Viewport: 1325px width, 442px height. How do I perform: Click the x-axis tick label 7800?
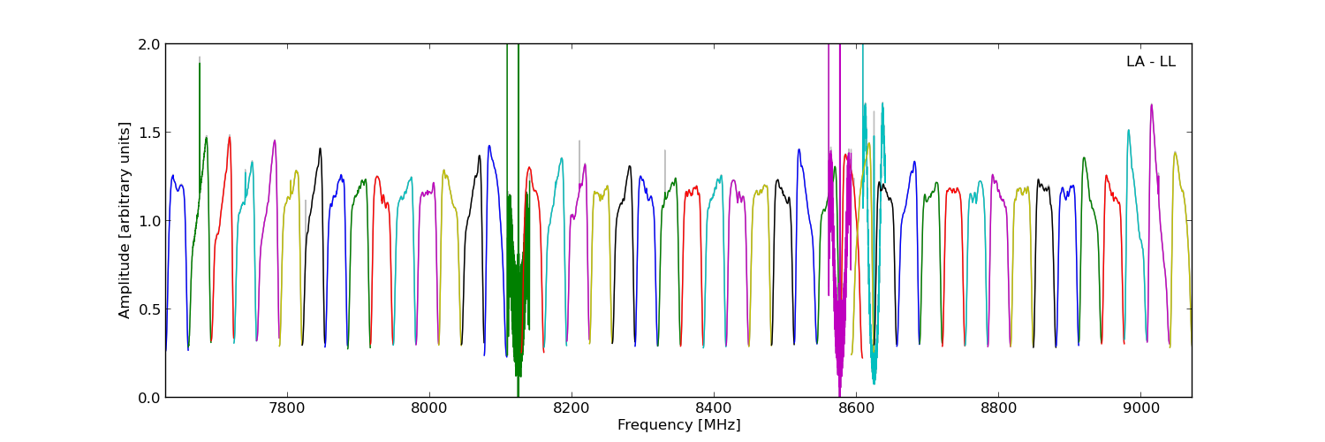click(x=286, y=409)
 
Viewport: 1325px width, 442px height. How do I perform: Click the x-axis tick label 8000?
click(x=429, y=409)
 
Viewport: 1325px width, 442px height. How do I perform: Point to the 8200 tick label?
click(x=572, y=409)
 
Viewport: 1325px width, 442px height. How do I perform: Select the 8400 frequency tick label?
click(x=714, y=409)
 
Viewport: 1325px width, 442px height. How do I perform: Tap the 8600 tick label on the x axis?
click(x=856, y=409)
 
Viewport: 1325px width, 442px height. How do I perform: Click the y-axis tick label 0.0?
click(x=150, y=398)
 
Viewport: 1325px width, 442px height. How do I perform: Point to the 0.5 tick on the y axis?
click(x=150, y=309)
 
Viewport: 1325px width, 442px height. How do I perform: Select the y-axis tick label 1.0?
click(x=150, y=221)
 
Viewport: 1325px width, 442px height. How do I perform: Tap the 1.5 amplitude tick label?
click(x=150, y=133)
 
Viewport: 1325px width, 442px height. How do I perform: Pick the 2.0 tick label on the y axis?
click(x=150, y=44)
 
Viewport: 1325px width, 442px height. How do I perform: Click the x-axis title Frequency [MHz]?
click(x=678, y=425)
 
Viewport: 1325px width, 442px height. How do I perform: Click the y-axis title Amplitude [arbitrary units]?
click(x=125, y=220)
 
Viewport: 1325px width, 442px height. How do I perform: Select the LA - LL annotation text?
click(x=1150, y=62)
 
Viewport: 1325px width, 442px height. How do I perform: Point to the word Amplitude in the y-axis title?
click(x=125, y=279)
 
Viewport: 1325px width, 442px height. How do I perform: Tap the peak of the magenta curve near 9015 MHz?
click(x=1151, y=104)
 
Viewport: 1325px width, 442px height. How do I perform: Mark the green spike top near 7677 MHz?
click(x=200, y=63)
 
